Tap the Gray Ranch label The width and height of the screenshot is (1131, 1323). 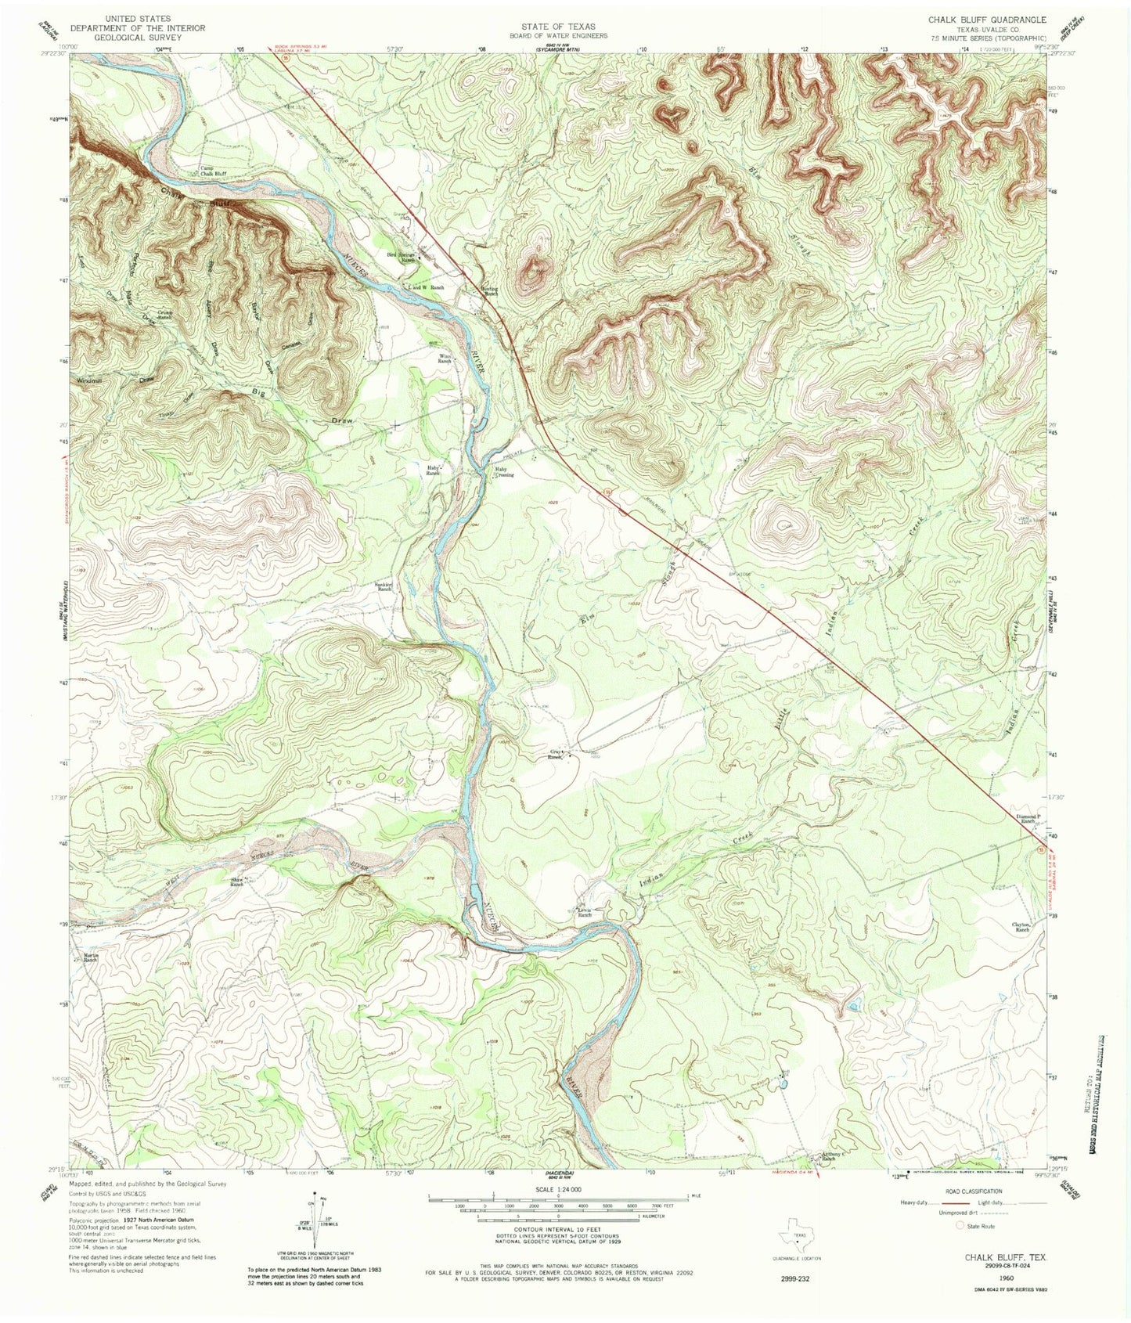click(555, 756)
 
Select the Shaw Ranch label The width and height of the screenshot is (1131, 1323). click(236, 881)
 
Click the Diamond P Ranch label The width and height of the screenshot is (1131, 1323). click(1029, 819)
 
